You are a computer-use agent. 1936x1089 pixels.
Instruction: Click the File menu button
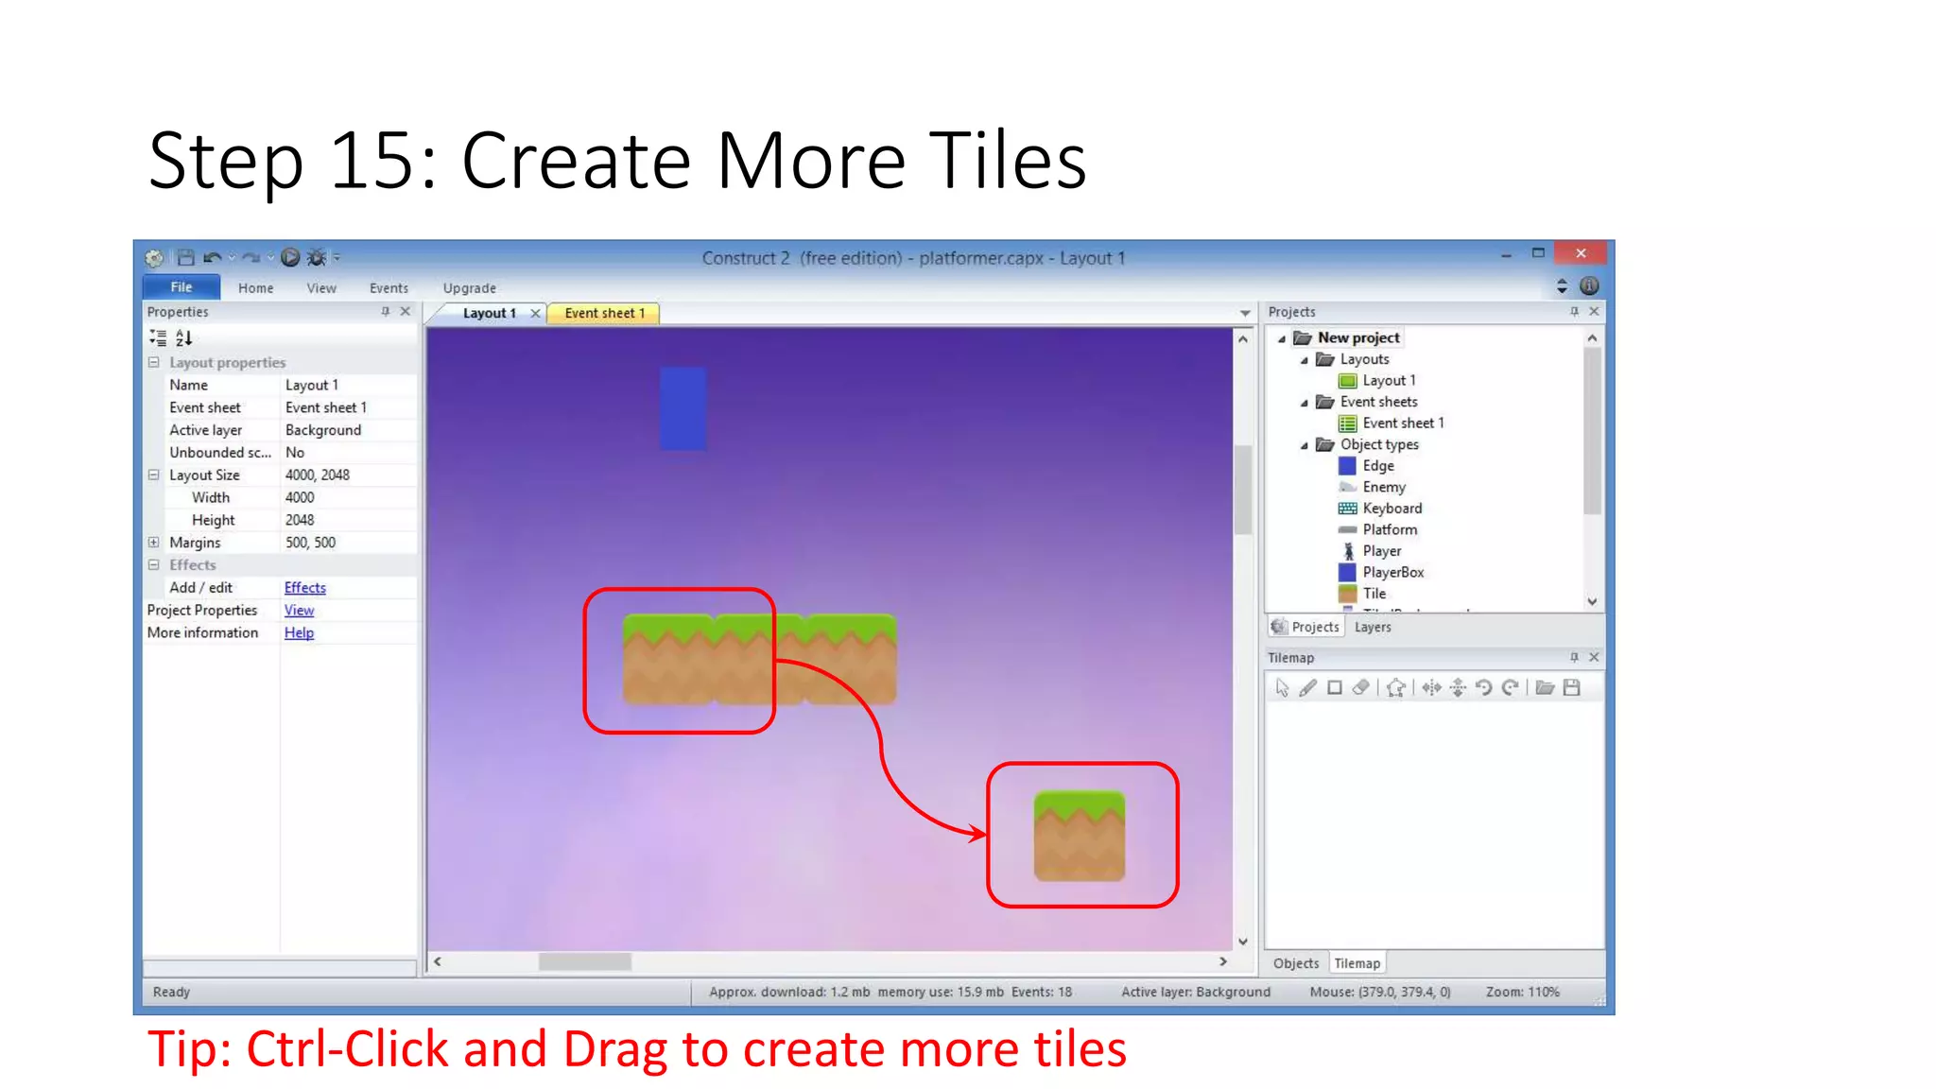click(181, 287)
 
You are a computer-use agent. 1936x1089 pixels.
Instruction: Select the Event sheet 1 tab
click(604, 313)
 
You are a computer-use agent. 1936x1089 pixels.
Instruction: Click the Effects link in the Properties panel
click(304, 588)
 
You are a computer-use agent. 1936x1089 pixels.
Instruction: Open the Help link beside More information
click(299, 633)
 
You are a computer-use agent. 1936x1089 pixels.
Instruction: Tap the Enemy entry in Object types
click(1383, 488)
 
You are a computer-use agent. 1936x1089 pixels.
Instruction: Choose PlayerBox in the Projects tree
click(1392, 573)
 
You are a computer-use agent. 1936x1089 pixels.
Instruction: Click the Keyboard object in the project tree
click(1391, 509)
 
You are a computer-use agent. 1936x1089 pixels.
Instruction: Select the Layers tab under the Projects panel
click(1372, 628)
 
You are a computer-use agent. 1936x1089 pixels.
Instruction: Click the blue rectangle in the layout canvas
click(683, 408)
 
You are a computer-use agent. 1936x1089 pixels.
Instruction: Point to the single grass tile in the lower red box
click(1079, 836)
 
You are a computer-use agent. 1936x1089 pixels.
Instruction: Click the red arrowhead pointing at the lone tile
click(977, 833)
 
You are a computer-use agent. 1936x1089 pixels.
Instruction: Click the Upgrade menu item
click(469, 288)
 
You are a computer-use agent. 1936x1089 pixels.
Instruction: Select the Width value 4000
click(300, 498)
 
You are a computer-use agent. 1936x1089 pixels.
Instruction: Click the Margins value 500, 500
click(310, 544)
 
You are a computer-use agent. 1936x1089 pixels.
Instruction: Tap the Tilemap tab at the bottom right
click(1357, 964)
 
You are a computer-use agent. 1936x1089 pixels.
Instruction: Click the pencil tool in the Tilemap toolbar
click(1307, 688)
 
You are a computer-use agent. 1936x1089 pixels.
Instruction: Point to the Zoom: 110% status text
click(1522, 993)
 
